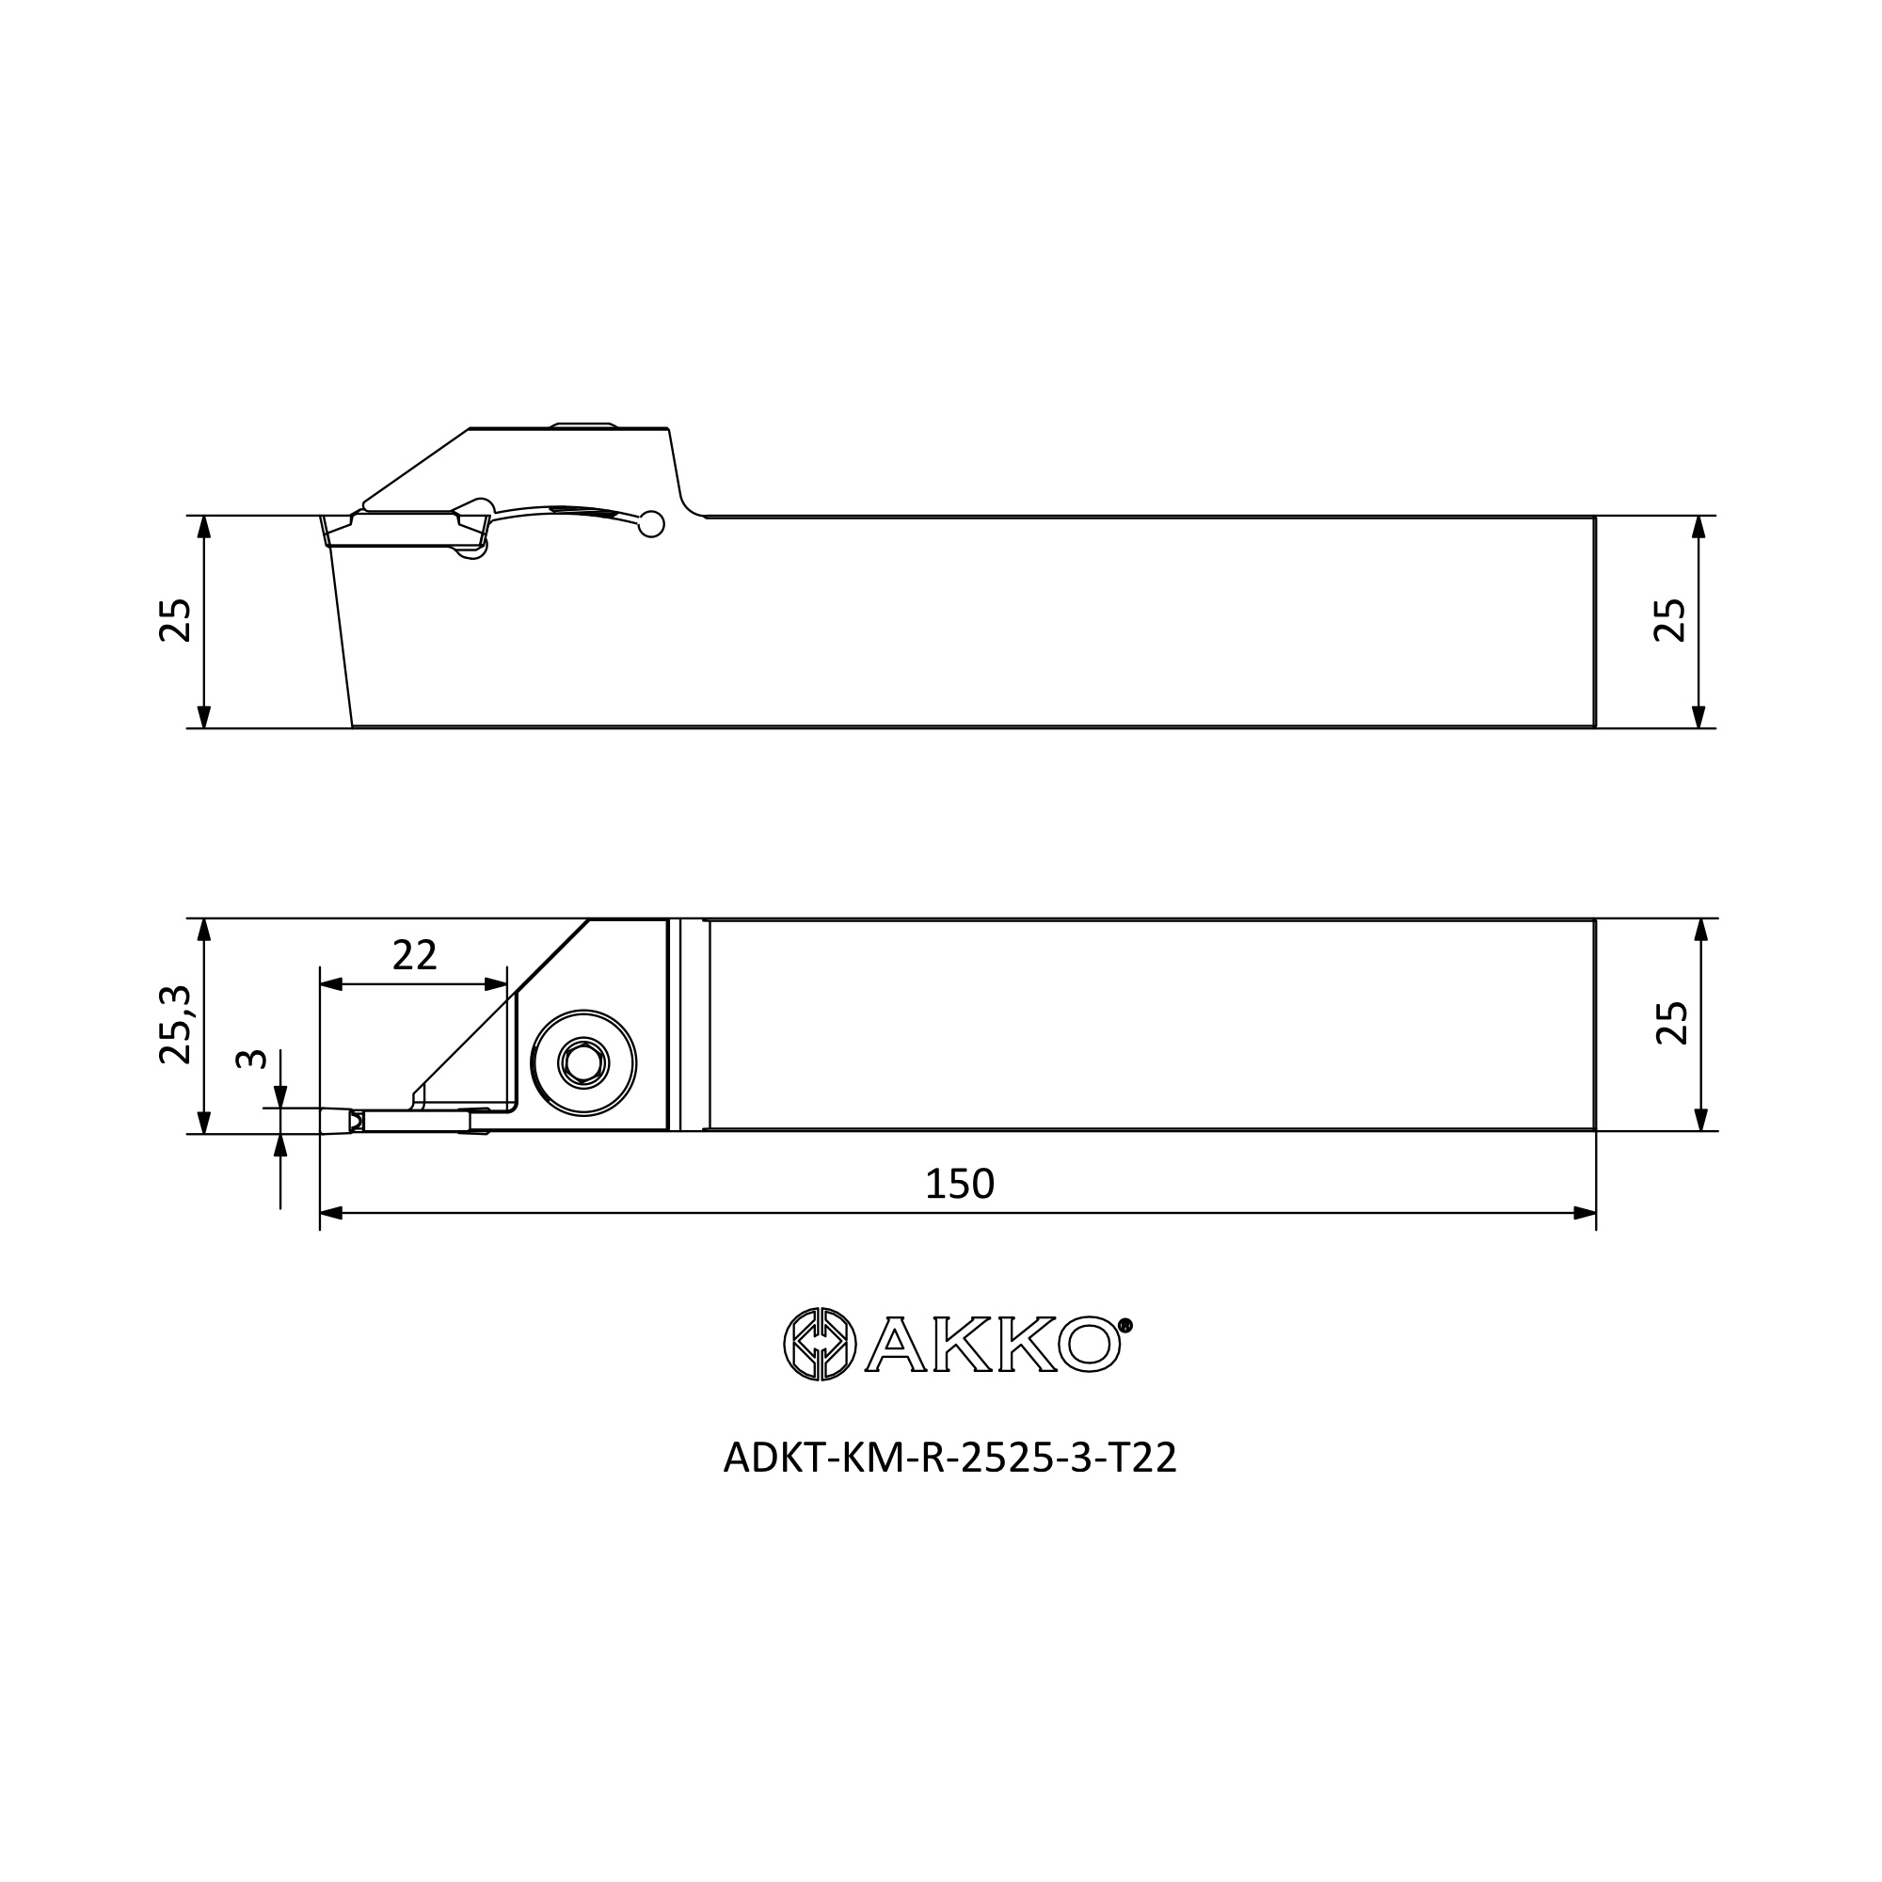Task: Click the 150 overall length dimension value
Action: (959, 1184)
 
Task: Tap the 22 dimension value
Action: (414, 956)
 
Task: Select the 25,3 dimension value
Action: (176, 1024)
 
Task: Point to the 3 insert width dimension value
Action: (251, 1058)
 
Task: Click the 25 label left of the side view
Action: (175, 620)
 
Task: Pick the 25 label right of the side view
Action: (1670, 619)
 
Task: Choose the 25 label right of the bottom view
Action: (1671, 1023)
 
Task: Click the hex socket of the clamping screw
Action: (583, 1061)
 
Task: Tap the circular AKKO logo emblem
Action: (821, 1345)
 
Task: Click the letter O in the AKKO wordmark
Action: (1089, 1345)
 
